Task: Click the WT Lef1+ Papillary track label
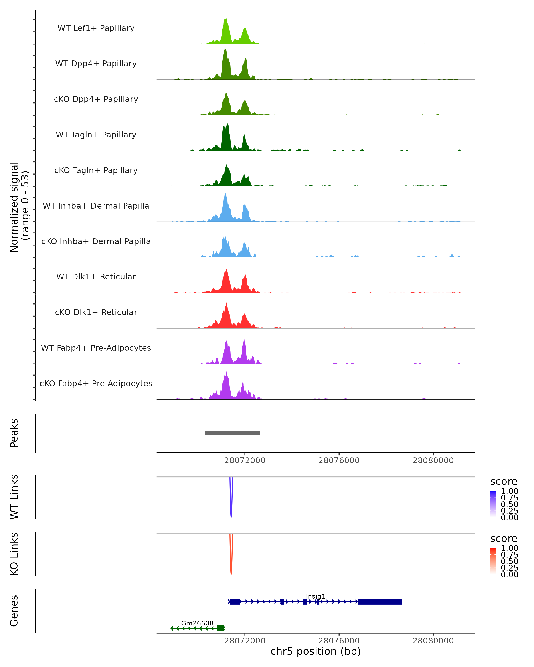(96, 28)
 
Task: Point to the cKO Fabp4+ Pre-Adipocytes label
(96, 383)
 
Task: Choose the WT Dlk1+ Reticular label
(96, 277)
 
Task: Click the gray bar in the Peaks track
(232, 433)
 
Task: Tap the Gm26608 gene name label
(197, 623)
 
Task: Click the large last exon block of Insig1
(380, 601)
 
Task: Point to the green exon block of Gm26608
(220, 628)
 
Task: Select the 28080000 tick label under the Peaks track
(433, 460)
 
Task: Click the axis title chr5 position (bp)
(316, 651)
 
